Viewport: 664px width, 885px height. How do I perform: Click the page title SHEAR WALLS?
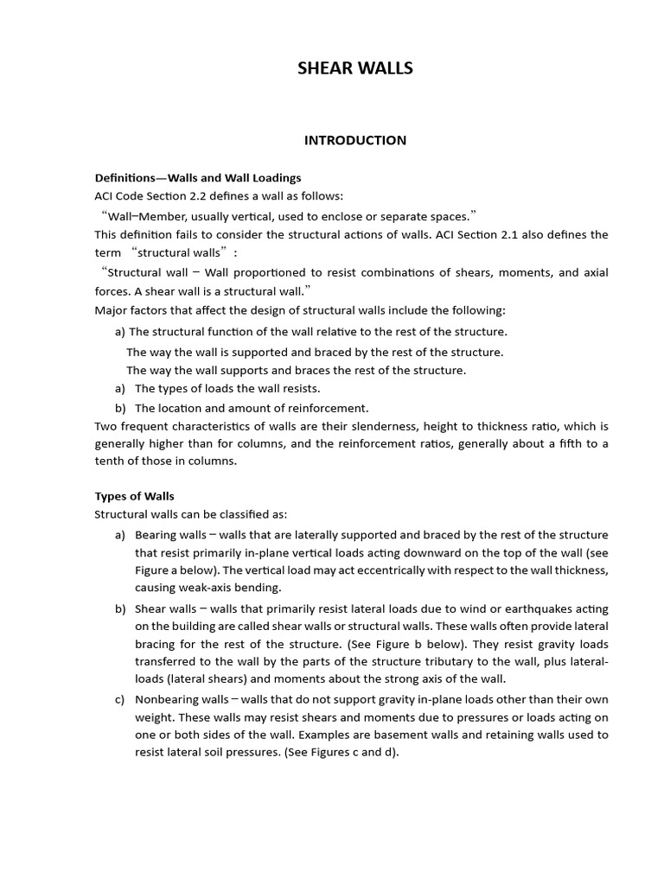(355, 68)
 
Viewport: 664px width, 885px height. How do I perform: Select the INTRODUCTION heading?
(355, 140)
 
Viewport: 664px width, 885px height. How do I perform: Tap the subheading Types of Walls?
(134, 496)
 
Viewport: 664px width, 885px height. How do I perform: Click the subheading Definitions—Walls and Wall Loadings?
(198, 178)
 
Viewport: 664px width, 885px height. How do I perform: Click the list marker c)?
(120, 699)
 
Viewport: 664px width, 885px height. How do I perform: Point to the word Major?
(110, 310)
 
